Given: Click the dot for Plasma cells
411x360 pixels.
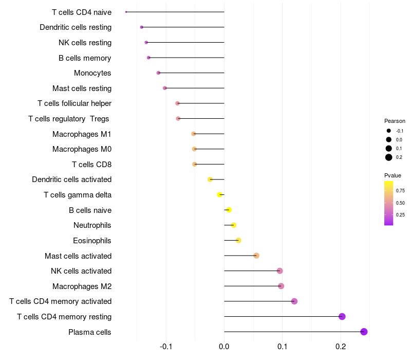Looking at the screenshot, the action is tap(364, 332).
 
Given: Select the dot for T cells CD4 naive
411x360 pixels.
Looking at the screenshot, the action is tap(126, 12).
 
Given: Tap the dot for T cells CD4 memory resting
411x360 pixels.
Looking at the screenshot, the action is tap(342, 316).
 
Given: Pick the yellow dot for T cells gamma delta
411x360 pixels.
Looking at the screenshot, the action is tap(220, 195).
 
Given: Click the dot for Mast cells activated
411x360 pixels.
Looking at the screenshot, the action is tap(256, 256).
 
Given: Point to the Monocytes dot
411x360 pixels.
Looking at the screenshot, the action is tap(158, 73).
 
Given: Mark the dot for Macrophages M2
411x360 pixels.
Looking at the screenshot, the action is tap(281, 286).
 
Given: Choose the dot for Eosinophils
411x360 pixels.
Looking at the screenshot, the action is tap(238, 240).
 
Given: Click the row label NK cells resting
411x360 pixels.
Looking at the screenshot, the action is tap(85, 43).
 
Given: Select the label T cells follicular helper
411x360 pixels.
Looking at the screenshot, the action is tap(74, 103).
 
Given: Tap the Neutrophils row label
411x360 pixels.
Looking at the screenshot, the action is tap(92, 225).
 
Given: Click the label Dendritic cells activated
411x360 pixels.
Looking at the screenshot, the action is tap(72, 179).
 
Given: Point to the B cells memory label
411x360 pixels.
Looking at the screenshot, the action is tap(85, 58).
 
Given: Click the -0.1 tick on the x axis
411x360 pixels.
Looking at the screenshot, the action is tap(165, 347).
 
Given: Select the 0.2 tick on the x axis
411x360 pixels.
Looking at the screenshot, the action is tap(341, 347).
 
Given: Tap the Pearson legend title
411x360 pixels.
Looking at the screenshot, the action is tap(395, 121).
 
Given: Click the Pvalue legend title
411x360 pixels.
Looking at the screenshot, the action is tap(393, 175).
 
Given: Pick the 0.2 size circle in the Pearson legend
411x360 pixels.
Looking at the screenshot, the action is tap(389, 157).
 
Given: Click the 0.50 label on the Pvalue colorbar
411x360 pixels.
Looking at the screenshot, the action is tap(400, 203).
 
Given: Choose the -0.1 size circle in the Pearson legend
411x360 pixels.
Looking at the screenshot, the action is tap(389, 131).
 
